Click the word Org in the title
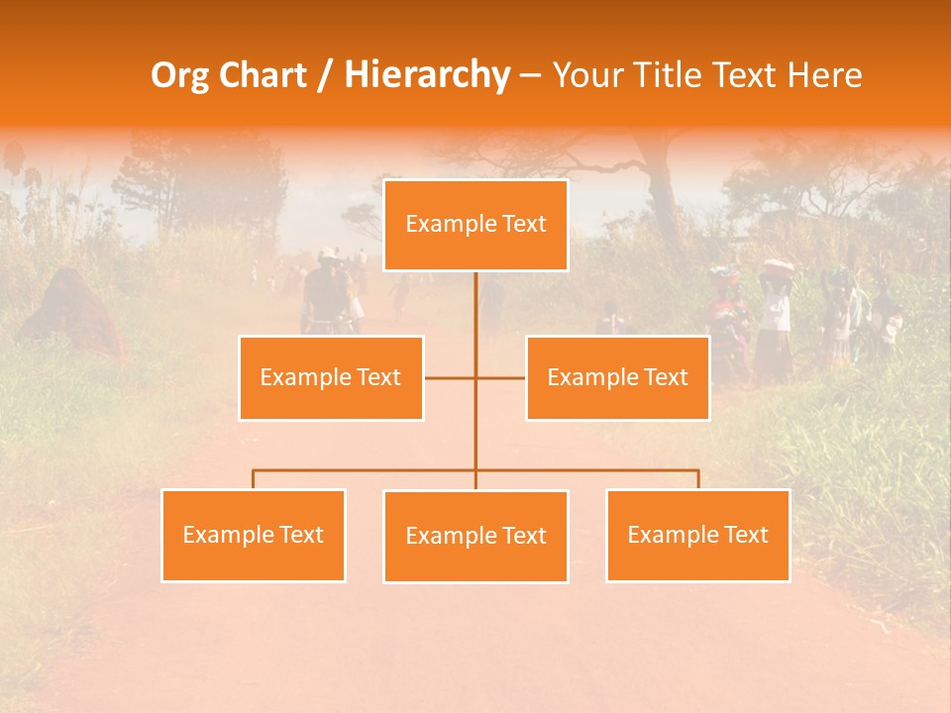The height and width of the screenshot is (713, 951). [178, 75]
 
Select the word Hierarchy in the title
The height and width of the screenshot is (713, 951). [426, 75]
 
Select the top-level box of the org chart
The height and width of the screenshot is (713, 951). [475, 225]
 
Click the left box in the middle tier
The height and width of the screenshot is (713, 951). [331, 378]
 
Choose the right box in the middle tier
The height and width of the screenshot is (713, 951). [617, 378]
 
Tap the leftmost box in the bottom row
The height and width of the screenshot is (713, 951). [254, 536]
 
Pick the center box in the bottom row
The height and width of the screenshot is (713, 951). [475, 537]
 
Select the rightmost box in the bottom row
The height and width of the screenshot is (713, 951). [697, 536]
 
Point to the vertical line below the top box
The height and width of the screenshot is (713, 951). [475, 307]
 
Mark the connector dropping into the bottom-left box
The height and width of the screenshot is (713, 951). [254, 479]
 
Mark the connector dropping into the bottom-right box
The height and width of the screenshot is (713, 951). [698, 479]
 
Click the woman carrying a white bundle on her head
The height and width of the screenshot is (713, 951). [776, 317]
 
